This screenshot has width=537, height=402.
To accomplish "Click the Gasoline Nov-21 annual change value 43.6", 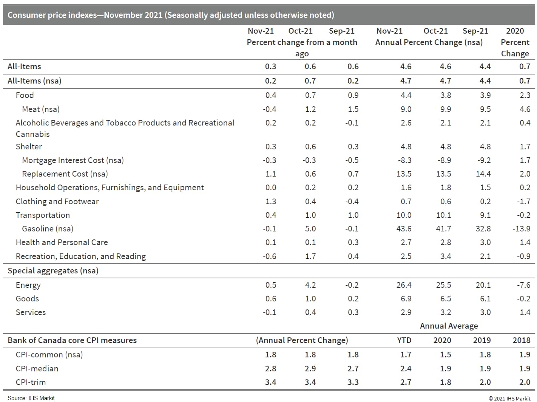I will pyautogui.click(x=404, y=229).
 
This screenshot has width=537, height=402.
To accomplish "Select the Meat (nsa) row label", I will pyautogui.click(x=41, y=109).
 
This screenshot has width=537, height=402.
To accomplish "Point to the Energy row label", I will pyautogui.click(x=28, y=285).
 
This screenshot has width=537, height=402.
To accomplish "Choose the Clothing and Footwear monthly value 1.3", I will pyautogui.click(x=270, y=202).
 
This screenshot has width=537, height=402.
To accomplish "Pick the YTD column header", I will pyautogui.click(x=404, y=340).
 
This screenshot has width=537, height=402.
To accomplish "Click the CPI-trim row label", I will pyautogui.click(x=31, y=382).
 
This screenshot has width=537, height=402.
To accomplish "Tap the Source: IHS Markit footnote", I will pyautogui.click(x=31, y=398).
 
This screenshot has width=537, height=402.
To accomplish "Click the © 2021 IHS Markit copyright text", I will pyautogui.click(x=509, y=399).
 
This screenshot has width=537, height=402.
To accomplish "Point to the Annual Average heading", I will pyautogui.click(x=449, y=326).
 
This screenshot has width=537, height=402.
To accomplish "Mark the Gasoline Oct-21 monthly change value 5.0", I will pyautogui.click(x=310, y=229).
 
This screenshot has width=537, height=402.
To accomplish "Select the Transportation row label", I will pyautogui.click(x=43, y=215).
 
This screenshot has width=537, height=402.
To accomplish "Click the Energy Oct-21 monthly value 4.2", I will pyautogui.click(x=310, y=285).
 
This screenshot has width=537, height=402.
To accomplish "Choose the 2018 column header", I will pyautogui.click(x=521, y=340).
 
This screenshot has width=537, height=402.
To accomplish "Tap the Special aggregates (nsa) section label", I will pyautogui.click(x=53, y=271).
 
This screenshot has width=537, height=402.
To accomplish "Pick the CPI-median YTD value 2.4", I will pyautogui.click(x=406, y=369).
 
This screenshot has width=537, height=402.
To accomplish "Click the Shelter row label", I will pyautogui.click(x=29, y=147).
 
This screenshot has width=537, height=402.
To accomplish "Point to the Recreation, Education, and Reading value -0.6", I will pyautogui.click(x=269, y=256).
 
